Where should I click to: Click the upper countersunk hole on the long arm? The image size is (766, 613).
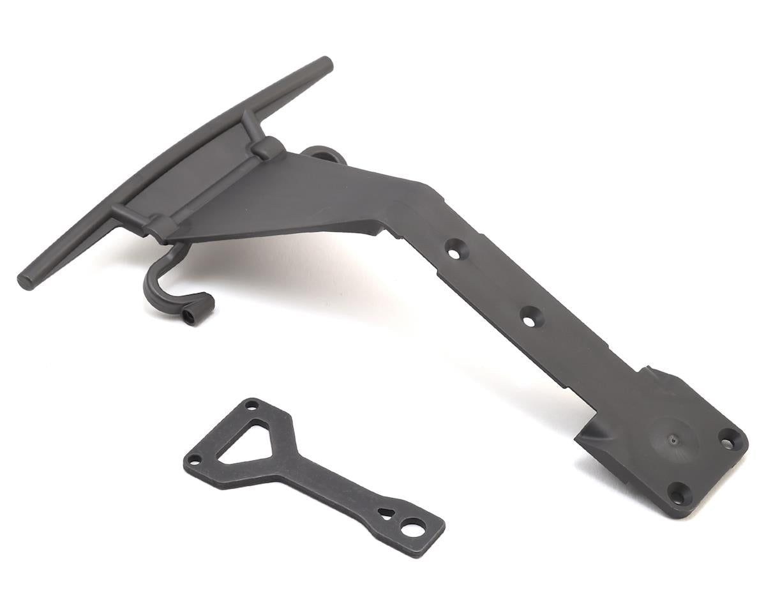click(454, 253)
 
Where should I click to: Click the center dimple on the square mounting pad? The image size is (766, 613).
click(671, 439)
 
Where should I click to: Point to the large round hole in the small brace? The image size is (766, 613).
click(412, 528)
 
